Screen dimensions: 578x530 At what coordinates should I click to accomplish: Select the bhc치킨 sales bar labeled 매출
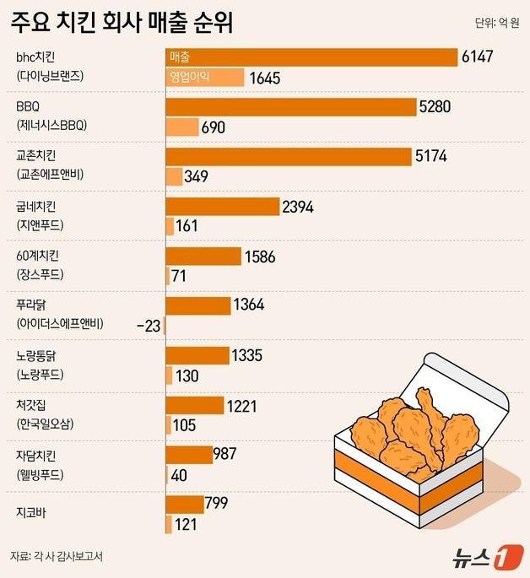click(311, 57)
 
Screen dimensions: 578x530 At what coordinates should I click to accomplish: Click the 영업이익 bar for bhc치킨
click(204, 78)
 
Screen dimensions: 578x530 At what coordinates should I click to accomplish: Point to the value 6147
click(478, 57)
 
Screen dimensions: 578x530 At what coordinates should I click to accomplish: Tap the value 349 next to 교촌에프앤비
click(197, 177)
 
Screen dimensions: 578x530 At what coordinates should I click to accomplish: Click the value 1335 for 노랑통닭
click(250, 354)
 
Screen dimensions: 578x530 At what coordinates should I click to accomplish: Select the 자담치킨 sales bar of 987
click(188, 454)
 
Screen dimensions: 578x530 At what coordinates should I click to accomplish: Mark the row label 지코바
click(32, 512)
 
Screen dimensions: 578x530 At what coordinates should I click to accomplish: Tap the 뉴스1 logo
click(482, 556)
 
